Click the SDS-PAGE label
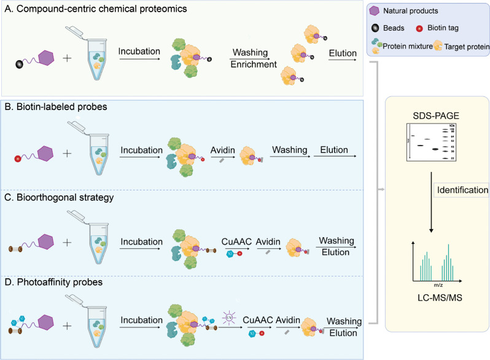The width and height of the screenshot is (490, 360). pos(429,114)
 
